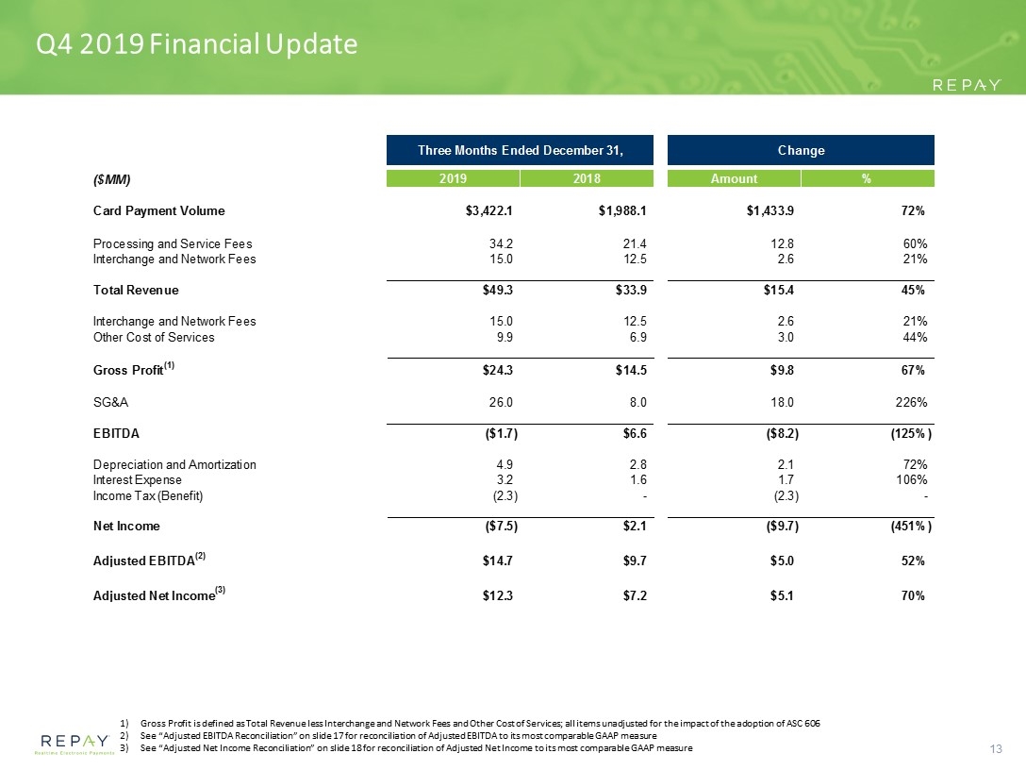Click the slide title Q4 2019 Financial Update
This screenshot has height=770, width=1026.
[x=196, y=44]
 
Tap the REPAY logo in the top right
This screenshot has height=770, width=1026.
[x=967, y=85]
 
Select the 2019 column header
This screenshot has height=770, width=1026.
[x=453, y=178]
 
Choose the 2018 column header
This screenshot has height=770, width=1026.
[x=587, y=178]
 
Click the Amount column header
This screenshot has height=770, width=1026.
[x=735, y=178]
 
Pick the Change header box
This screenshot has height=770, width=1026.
[x=801, y=150]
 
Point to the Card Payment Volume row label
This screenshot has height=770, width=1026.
[x=159, y=210]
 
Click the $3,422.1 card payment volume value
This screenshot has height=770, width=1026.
[x=488, y=210]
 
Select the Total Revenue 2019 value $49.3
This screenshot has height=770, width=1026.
[x=498, y=290]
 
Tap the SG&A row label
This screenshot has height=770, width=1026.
[x=110, y=402]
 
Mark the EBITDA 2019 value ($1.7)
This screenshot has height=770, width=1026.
[x=500, y=433]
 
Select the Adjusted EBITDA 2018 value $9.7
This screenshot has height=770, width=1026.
[x=635, y=561]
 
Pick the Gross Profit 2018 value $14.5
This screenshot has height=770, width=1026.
[x=631, y=370]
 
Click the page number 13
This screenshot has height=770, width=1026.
[x=996, y=749]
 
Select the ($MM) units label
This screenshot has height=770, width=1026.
[x=112, y=179]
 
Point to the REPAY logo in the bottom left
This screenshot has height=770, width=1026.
[x=74, y=744]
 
